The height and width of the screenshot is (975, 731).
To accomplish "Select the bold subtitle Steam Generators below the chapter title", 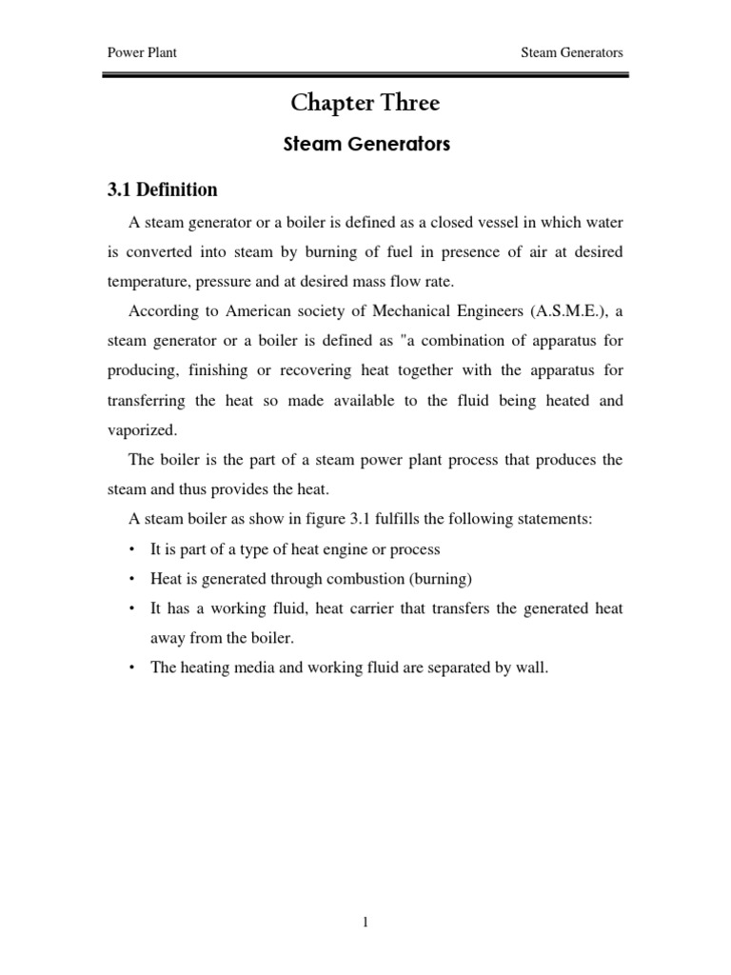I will point(365,146).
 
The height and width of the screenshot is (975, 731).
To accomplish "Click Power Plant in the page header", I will point(141,53).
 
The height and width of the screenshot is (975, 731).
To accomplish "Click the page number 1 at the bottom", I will point(365,923).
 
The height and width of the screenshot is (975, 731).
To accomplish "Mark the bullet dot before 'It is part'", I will point(130,550).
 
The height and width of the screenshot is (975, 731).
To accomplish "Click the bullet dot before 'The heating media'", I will point(130,668).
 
